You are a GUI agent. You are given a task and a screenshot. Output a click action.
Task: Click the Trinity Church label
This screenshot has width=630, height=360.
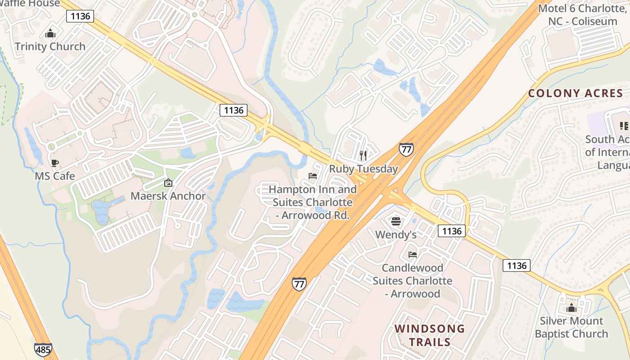click(50, 46)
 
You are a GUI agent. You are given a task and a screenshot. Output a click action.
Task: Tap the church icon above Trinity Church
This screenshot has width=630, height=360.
click(50, 34)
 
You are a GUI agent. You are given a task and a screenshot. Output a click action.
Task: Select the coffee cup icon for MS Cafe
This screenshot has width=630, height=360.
click(55, 163)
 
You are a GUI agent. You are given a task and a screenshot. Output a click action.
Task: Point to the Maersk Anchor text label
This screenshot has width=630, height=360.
click(168, 196)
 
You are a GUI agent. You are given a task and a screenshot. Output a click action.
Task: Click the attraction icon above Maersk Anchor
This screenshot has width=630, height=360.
click(168, 183)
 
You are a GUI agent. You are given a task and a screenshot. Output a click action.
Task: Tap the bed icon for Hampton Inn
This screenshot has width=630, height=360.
click(313, 176)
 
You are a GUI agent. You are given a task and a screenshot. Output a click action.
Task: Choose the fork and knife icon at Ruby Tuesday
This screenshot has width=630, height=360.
click(363, 156)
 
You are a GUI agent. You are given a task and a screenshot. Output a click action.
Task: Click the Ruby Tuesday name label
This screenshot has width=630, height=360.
click(363, 169)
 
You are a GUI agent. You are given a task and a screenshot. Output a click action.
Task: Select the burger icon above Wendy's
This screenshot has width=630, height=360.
click(396, 221)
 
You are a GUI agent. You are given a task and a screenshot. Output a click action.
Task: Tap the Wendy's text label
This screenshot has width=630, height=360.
click(396, 234)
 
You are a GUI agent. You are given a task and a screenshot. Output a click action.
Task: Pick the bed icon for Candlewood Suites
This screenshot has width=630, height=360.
click(412, 255)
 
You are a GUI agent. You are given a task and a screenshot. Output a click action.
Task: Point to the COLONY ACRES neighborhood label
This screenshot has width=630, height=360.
click(576, 94)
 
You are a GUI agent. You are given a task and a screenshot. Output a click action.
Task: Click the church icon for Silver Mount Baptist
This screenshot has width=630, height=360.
click(571, 308)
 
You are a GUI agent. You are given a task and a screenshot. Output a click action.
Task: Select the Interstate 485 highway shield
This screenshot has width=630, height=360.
click(43, 349)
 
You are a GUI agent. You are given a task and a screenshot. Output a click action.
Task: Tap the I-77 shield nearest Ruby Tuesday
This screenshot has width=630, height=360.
click(406, 149)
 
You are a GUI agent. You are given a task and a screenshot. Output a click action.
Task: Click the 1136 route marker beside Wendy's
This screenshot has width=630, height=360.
click(452, 231)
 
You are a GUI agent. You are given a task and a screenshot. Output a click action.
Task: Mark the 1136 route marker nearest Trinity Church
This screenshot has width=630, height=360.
click(81, 16)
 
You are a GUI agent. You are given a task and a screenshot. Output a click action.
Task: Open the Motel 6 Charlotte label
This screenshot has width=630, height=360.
click(582, 15)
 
